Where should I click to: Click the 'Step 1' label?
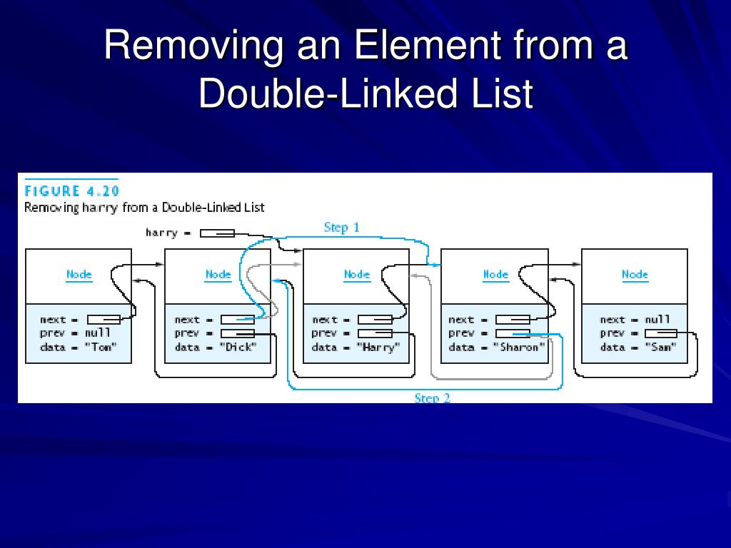(x=341, y=228)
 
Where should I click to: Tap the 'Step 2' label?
(x=432, y=398)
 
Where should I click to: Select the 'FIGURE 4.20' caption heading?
(x=71, y=191)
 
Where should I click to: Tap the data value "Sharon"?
(x=520, y=347)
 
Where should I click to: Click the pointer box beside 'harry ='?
(x=217, y=233)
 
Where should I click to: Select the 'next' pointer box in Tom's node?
(x=104, y=320)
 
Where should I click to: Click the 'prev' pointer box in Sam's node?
(x=660, y=333)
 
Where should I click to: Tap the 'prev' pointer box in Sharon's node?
(x=513, y=333)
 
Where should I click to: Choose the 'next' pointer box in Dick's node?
(x=237, y=320)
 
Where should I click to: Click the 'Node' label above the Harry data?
(x=357, y=275)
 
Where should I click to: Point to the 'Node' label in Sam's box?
(x=635, y=275)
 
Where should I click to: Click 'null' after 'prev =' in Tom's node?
(x=98, y=333)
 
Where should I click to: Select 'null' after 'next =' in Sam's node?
(x=657, y=320)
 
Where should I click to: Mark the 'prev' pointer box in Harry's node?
(x=375, y=333)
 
